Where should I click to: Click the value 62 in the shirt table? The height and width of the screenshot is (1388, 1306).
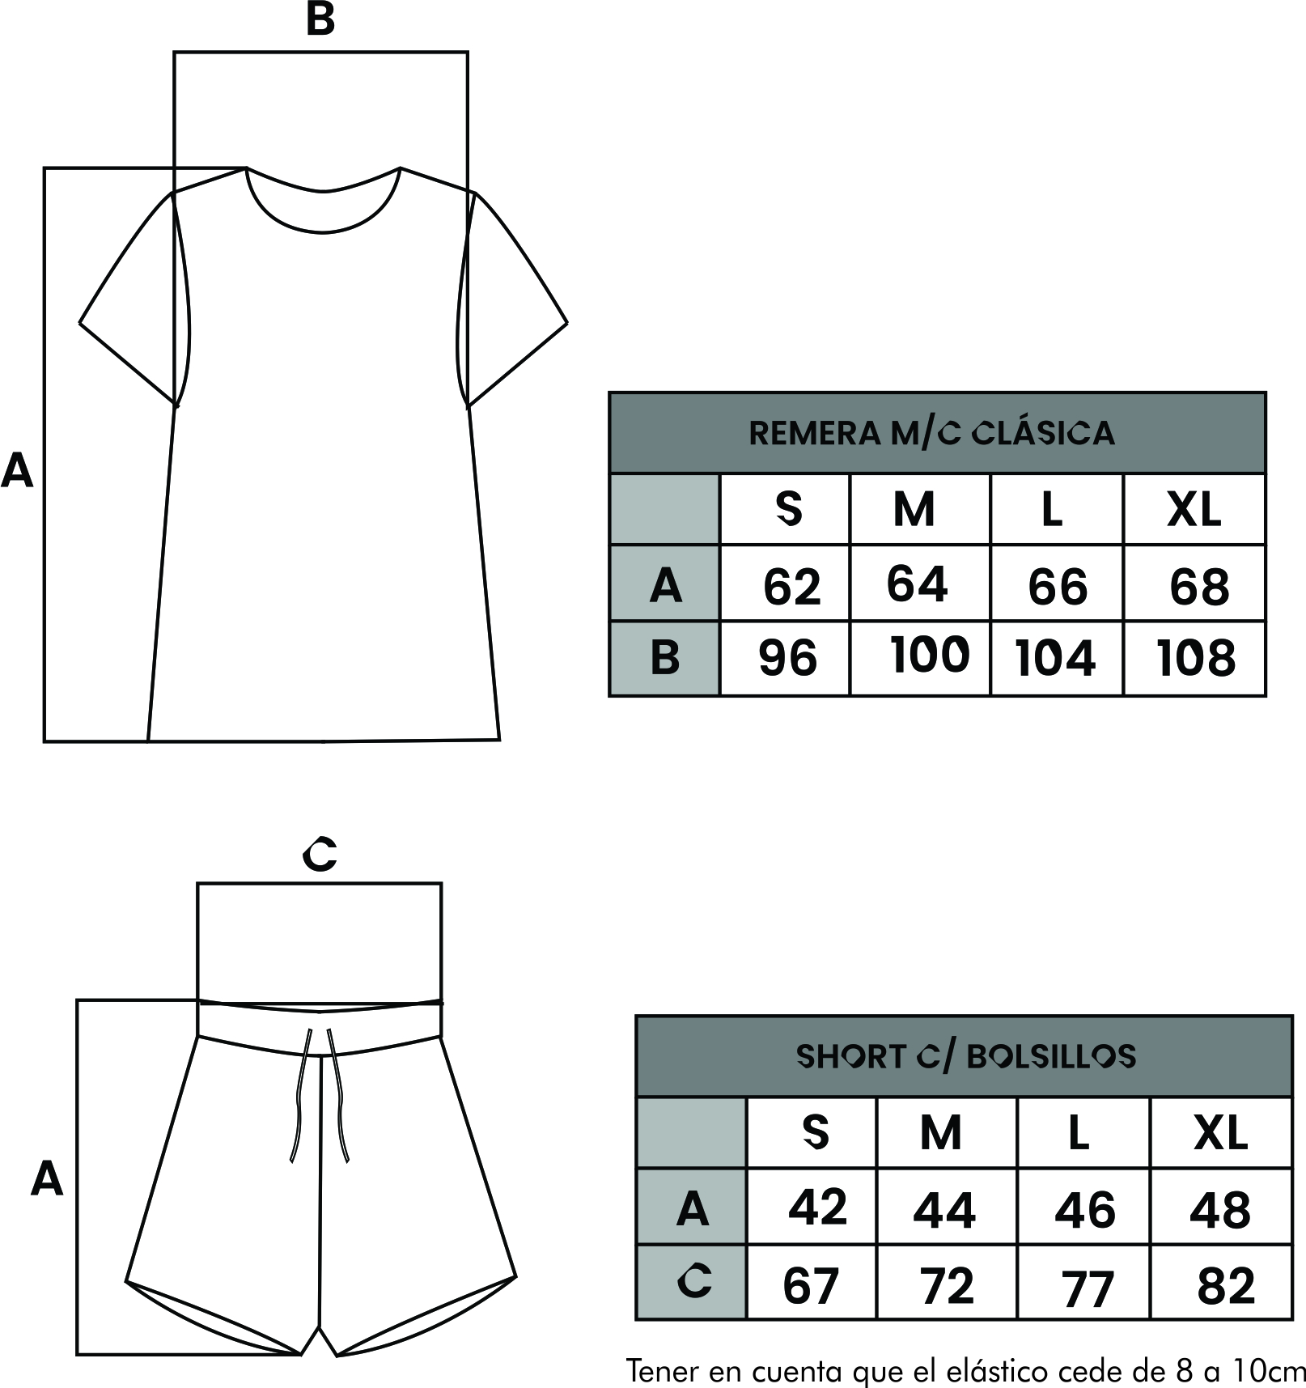coord(791,587)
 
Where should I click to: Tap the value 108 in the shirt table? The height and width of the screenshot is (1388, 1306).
coord(1196,658)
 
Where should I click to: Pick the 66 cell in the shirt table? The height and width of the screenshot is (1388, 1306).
coord(1058,587)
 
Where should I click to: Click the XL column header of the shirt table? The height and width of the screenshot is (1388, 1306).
coord(1194,510)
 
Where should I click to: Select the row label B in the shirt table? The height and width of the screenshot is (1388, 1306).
coord(664,658)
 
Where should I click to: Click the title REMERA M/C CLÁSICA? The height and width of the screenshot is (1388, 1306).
coord(931,434)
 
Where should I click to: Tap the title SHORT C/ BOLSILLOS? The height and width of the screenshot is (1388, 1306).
coord(966,1056)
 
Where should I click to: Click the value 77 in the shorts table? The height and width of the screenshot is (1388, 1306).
coord(1088,1288)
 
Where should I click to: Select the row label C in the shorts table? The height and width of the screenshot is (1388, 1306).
coord(694,1280)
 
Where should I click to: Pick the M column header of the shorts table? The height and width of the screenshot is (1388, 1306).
coord(940,1132)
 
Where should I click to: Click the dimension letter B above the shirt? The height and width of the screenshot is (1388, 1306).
coord(320,19)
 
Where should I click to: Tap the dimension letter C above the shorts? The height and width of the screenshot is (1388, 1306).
coord(320,854)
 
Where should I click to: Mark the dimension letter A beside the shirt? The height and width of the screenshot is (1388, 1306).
coord(17,470)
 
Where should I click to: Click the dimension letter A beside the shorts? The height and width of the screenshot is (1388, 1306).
coord(46,1179)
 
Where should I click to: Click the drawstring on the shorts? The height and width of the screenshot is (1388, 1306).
coord(320,1097)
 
